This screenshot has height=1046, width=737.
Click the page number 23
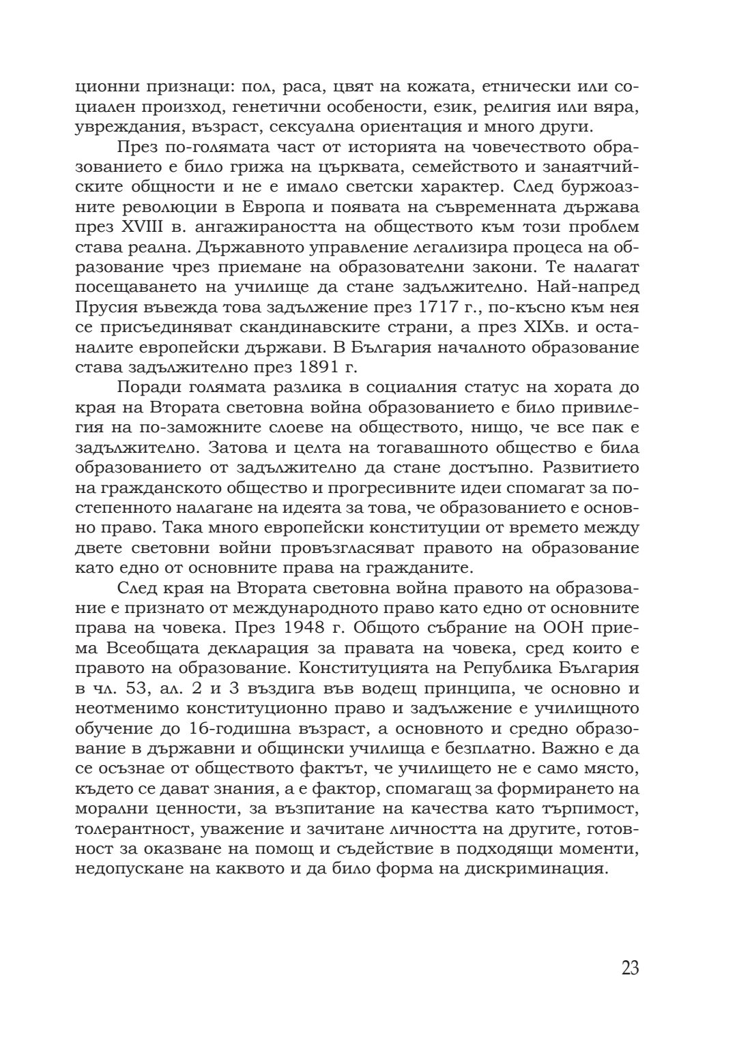630,968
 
